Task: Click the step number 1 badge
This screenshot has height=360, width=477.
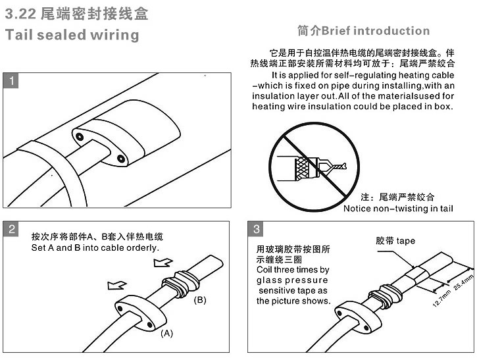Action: tap(11, 81)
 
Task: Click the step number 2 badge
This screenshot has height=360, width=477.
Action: tap(11, 229)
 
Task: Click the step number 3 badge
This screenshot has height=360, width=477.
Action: tap(256, 229)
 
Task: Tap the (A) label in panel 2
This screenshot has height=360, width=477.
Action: tap(166, 334)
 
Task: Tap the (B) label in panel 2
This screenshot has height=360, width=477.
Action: tap(200, 300)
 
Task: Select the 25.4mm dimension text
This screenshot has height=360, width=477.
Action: tap(463, 283)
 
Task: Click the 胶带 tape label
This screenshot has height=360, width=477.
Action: tap(395, 241)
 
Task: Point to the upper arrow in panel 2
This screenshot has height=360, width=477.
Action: tap(163, 263)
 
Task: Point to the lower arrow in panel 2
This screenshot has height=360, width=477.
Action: tap(117, 285)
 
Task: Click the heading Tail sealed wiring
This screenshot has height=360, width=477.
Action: tap(72, 34)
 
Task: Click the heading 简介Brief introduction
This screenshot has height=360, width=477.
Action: tap(364, 31)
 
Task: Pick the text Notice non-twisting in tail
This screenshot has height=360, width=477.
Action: tap(398, 209)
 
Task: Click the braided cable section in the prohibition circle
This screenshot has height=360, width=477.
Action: tap(303, 168)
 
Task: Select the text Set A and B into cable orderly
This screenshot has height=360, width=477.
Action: tap(95, 247)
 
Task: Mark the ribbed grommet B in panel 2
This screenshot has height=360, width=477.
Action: tap(181, 284)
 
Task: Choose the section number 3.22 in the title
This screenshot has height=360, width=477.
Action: tap(20, 14)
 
